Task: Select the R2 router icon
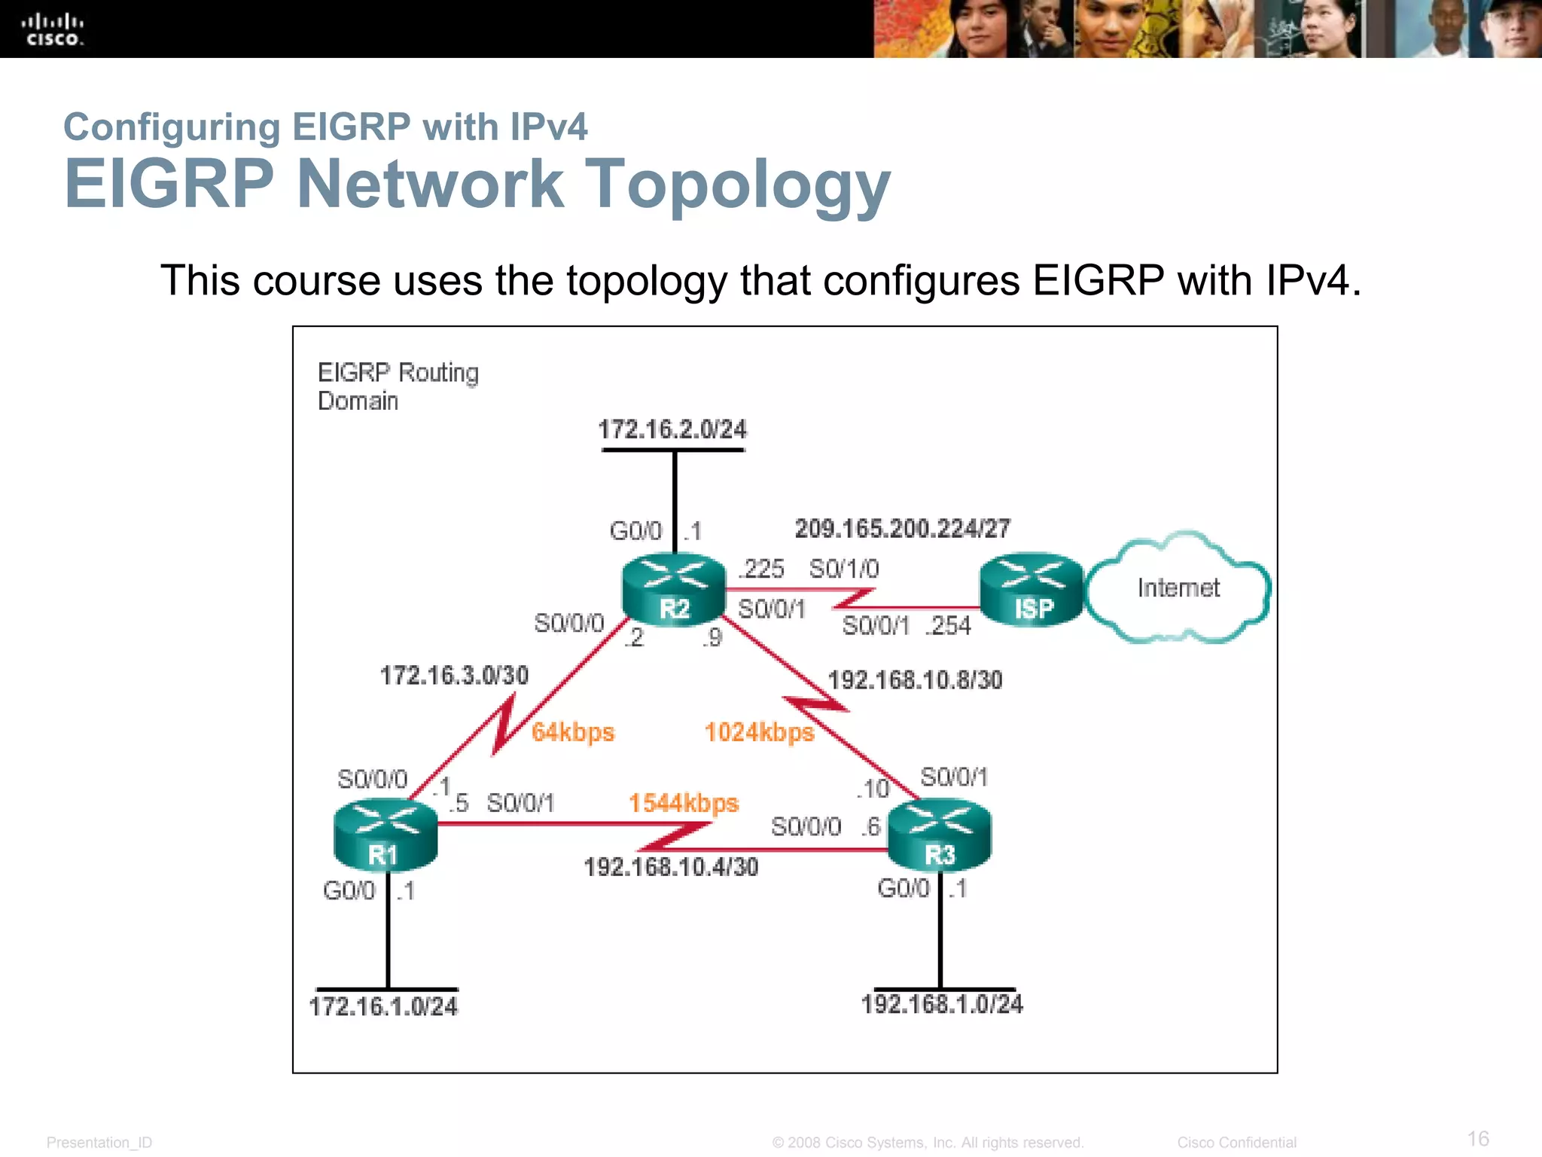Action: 674,590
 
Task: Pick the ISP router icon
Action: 1032,590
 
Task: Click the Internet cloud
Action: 1178,588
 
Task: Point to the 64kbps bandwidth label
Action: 573,732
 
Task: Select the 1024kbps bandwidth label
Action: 759,732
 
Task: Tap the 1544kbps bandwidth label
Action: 684,803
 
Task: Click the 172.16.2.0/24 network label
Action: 672,429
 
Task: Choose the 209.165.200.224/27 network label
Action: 902,529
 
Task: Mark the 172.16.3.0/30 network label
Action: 454,676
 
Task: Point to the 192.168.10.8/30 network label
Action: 915,680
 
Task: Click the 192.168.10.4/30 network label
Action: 671,867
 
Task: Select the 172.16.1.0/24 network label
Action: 383,1006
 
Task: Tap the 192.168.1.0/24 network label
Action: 942,1004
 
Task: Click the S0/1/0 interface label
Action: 843,569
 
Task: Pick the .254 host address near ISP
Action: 949,626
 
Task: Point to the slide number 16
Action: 1478,1138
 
